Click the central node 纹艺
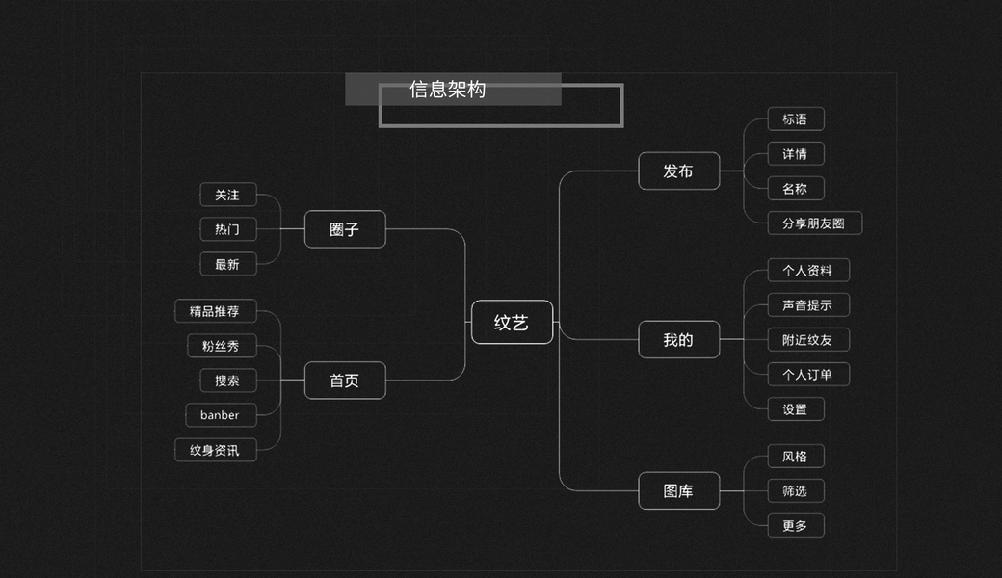[x=512, y=323]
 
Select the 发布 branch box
[x=678, y=171]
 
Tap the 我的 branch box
[x=678, y=340]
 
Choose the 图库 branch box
[x=678, y=491]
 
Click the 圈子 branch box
[x=345, y=229]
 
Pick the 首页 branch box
[x=345, y=381]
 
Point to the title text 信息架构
[x=447, y=90]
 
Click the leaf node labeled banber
[x=220, y=415]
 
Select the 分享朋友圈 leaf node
[x=813, y=223]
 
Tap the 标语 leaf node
[x=795, y=119]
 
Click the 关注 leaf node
[x=227, y=195]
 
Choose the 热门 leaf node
[x=227, y=229]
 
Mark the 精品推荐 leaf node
[x=215, y=311]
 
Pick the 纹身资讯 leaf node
[x=215, y=450]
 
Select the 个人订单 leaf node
[x=807, y=375]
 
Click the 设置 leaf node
[x=795, y=409]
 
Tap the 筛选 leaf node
[x=795, y=491]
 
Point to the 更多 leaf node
[x=795, y=526]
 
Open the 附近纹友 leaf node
[x=807, y=340]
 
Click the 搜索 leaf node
[x=227, y=381]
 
